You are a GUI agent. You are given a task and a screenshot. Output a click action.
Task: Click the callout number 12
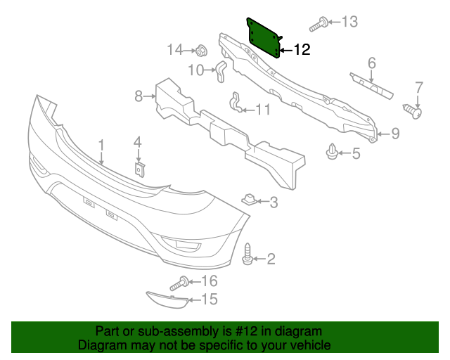point(301,50)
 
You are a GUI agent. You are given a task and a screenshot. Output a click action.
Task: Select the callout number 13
point(349,21)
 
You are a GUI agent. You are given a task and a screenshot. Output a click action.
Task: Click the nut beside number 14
point(200,51)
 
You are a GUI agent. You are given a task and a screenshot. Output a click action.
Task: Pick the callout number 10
point(195,70)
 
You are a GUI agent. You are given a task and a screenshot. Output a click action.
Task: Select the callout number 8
point(139,95)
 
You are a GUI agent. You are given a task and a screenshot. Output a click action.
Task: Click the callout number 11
point(263,109)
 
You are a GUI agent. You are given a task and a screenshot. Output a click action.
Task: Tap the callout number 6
point(372,63)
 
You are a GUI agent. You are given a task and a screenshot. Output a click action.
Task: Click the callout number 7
point(419,88)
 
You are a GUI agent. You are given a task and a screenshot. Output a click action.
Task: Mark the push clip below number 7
point(414,110)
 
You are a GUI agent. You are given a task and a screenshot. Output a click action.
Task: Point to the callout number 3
point(274,202)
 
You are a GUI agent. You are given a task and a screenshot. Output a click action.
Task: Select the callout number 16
point(210,282)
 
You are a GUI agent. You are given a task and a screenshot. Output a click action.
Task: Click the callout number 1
point(101,145)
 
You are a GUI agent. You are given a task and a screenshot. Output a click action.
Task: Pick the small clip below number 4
point(139,169)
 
